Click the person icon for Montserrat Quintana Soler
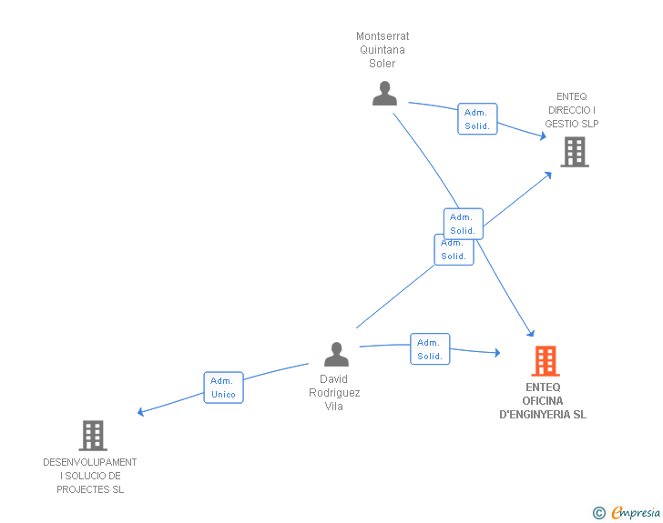(384, 93)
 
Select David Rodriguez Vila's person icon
(336, 354)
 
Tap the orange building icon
(546, 361)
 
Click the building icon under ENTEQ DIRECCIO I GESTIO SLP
(575, 152)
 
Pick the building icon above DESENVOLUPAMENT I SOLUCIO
(93, 436)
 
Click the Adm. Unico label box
(223, 387)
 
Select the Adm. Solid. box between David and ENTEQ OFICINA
(430, 349)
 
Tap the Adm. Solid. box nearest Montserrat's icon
(477, 119)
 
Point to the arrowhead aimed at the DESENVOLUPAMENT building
(141, 411)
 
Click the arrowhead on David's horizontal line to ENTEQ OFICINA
(497, 352)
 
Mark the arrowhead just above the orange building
(531, 333)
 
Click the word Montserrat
(382, 36)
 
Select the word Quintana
(382, 50)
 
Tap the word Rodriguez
(334, 393)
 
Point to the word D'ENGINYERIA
(535, 415)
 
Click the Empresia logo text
(636, 512)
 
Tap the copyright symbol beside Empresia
(599, 513)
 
